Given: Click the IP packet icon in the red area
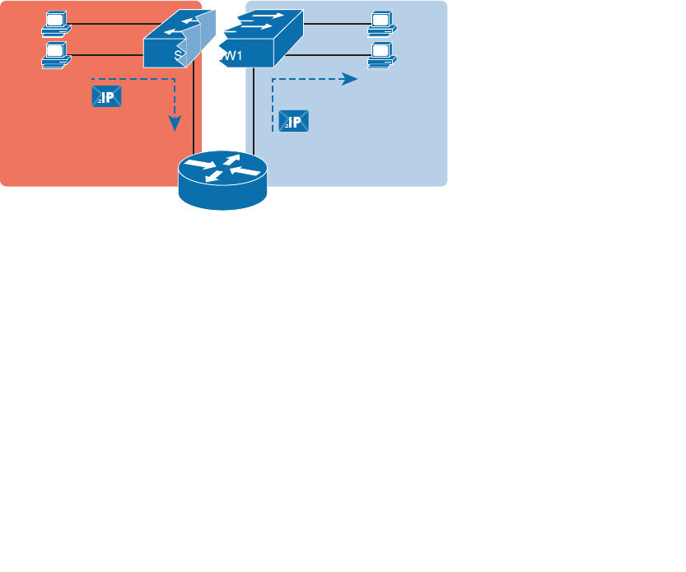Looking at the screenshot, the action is (106, 97).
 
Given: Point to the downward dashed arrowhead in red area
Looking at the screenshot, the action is (175, 124).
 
